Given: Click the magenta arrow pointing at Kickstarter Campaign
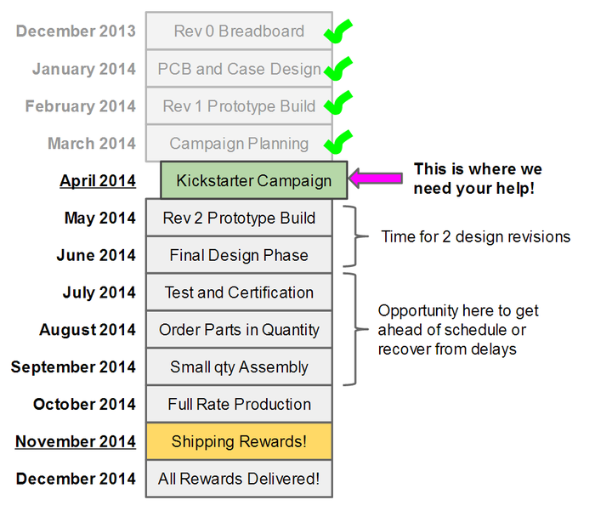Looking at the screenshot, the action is (375, 178).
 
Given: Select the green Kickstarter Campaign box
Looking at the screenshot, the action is (254, 180).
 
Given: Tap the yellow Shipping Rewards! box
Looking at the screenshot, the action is (239, 441).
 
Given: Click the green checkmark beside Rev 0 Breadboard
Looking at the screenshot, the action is (337, 31).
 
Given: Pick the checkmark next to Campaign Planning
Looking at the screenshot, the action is (337, 142).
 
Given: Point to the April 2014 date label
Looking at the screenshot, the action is (98, 181).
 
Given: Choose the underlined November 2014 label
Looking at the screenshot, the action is (75, 441).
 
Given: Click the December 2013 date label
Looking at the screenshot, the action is (76, 31).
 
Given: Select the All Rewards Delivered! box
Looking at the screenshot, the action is (239, 479).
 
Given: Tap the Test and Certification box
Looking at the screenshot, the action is (239, 292).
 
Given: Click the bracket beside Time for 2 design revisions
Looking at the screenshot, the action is (355, 236).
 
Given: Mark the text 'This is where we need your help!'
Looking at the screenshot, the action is (478, 179).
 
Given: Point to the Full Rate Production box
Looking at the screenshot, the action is (239, 404).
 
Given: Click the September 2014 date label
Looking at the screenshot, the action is (73, 367).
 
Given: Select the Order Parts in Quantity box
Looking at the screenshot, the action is (239, 330).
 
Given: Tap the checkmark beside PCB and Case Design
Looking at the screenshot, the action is (337, 69).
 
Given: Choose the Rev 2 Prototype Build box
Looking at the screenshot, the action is (239, 218).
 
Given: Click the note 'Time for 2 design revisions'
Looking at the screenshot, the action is (476, 236).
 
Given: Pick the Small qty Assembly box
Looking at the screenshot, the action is (239, 366).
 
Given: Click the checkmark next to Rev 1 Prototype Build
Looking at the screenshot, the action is (337, 103).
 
